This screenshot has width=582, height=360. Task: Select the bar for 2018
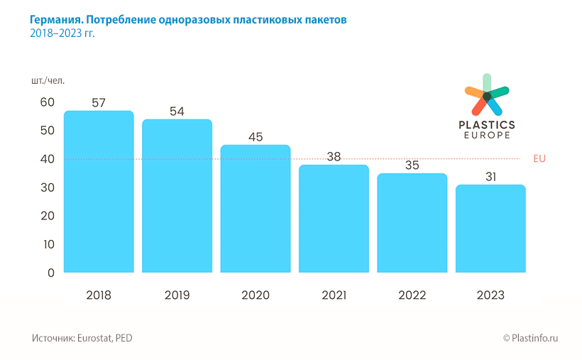(x=99, y=192)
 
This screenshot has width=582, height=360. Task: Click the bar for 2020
(x=256, y=209)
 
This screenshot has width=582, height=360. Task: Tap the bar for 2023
(x=490, y=229)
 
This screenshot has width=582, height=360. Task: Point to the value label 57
(x=99, y=102)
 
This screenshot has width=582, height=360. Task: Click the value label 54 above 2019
(x=177, y=111)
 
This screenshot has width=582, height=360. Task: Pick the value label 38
(x=334, y=157)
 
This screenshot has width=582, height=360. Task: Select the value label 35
(x=412, y=165)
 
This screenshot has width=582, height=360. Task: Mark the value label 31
(x=490, y=177)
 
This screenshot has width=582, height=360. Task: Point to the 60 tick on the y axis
(x=47, y=102)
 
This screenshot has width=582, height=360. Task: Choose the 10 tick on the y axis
(x=48, y=244)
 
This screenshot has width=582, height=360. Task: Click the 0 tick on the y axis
(x=50, y=273)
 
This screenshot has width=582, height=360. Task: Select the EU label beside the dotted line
(x=539, y=158)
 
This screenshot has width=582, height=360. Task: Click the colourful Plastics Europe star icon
(x=487, y=95)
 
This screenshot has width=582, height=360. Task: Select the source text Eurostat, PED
(x=106, y=338)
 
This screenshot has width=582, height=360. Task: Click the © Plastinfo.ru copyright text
(x=531, y=338)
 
